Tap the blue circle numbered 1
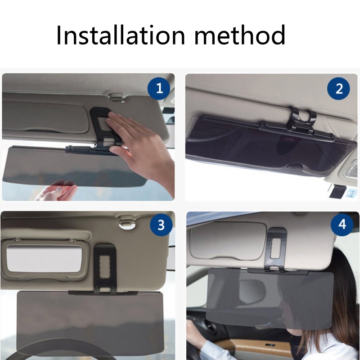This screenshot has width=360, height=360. coord(159,89)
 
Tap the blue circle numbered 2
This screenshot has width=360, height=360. coord(339,89)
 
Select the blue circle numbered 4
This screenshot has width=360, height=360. coord(342,224)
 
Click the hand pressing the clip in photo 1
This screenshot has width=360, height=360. coord(135,139)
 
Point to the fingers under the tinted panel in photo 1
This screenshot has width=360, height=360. coord(56,191)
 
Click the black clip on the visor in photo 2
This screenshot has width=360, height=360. coord(301,121)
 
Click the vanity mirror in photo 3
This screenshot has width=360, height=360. coord(43,259)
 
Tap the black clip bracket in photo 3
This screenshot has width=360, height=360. coord(105,268)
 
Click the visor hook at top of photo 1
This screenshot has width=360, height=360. coord(118,95)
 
